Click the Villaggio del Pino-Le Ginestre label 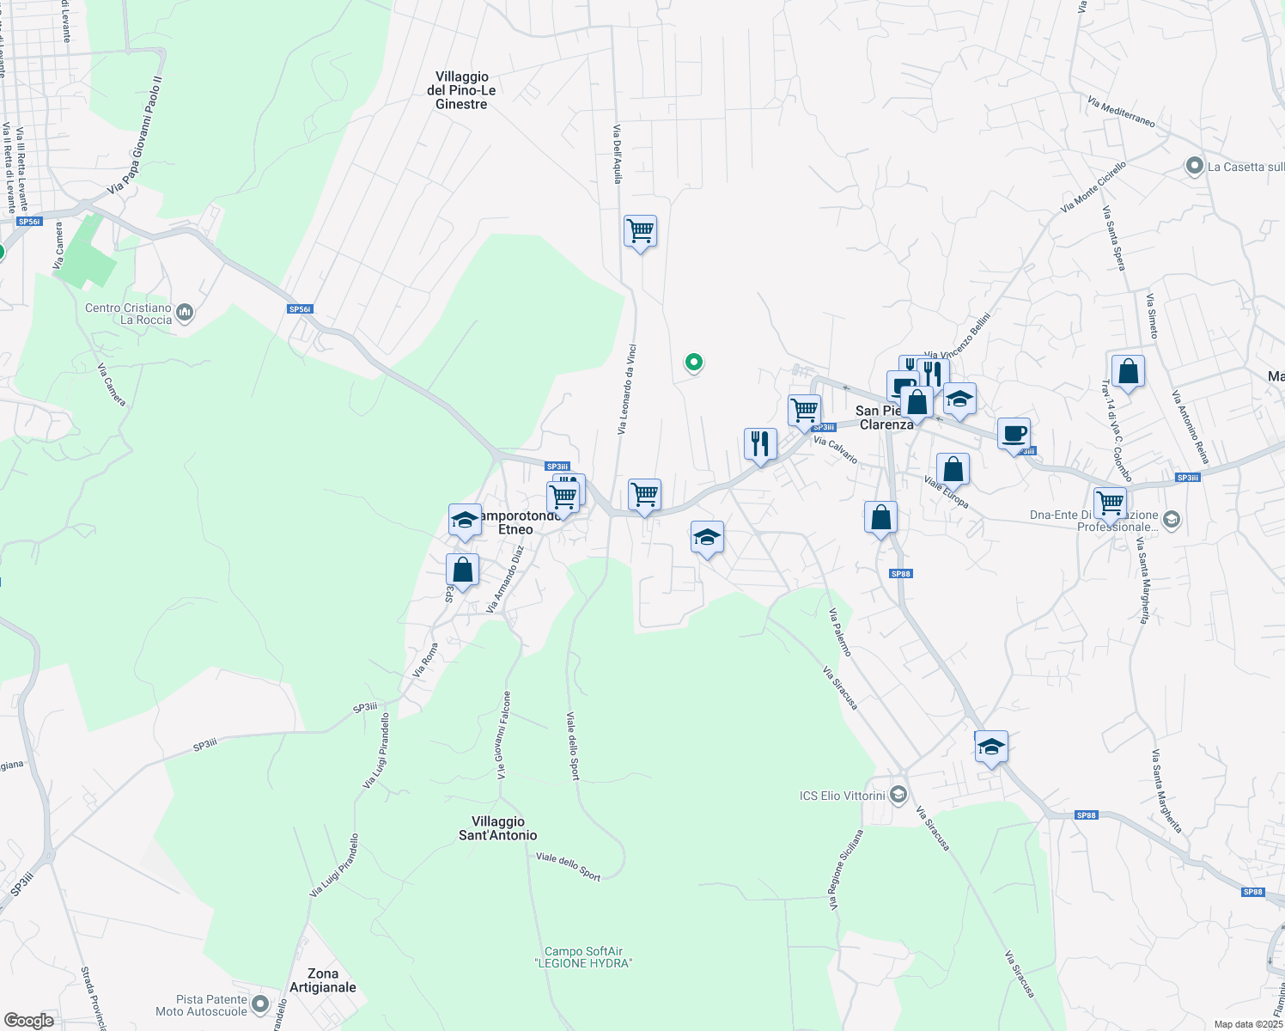pos(461,90)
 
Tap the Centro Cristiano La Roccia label pos(129,314)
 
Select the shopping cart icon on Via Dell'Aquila pos(640,231)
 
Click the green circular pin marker pos(693,363)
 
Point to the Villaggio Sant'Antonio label pos(498,828)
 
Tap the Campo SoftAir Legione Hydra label pos(584,957)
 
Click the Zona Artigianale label pos(323,980)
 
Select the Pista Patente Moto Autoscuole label pos(212,1005)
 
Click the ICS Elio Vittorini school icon pos(898,794)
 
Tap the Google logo pos(29,1020)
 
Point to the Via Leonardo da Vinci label pos(626,389)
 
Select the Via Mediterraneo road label pos(1121,112)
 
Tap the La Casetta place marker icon pos(1194,167)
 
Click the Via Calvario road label pos(835,450)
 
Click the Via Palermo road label pos(840,632)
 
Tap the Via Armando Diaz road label pos(505,578)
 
